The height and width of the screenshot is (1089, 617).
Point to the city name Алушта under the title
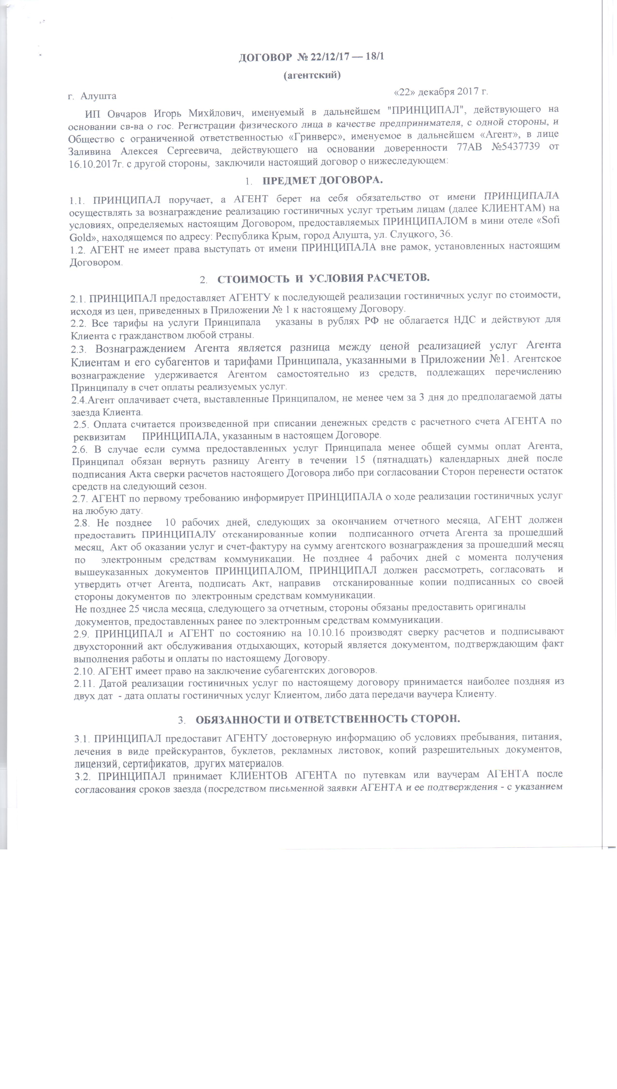tap(98, 96)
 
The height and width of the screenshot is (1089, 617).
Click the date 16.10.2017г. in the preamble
tap(94, 164)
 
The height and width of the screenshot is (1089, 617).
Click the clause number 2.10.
tap(84, 671)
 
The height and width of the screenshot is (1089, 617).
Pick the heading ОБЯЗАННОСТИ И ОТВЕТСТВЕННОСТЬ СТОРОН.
tap(328, 719)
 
